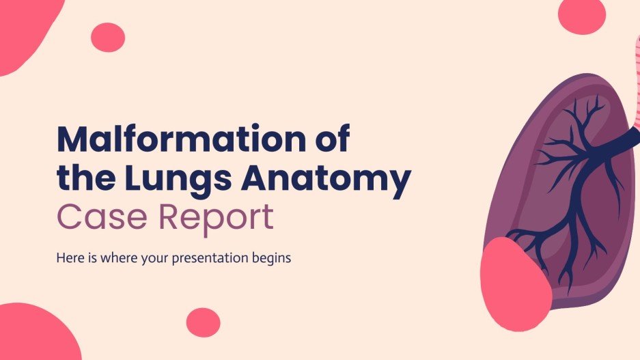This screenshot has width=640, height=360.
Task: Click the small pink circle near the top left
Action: click(107, 37)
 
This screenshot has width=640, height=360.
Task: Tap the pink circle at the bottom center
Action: click(203, 322)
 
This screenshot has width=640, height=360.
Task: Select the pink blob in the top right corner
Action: click(581, 16)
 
